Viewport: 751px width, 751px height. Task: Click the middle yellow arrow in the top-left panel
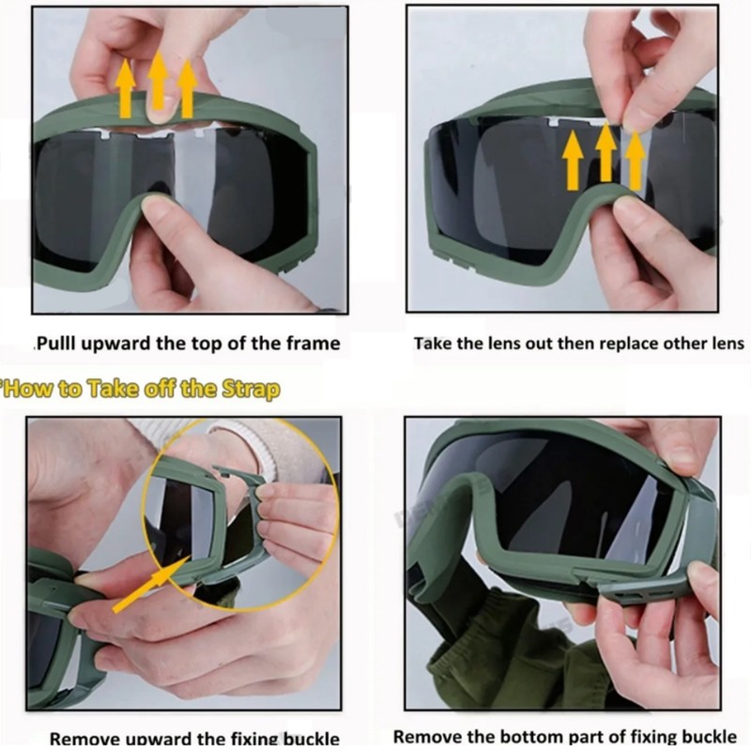tap(158, 83)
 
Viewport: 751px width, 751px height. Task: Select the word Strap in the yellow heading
tap(247, 388)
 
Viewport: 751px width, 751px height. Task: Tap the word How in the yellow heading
tap(28, 388)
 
